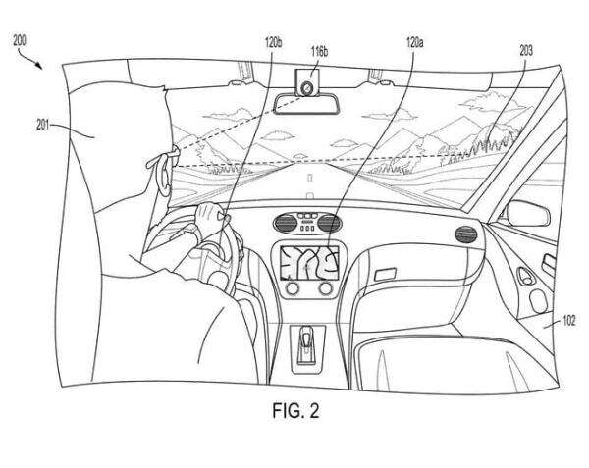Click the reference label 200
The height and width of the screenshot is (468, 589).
20,40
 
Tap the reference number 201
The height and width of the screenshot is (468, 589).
42,125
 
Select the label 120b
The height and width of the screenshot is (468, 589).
273,43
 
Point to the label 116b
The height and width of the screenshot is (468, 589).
319,51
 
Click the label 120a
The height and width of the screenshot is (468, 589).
414,43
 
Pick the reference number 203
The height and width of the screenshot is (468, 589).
526,50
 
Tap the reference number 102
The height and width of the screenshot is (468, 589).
568,321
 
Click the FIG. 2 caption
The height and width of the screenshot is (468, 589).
295,410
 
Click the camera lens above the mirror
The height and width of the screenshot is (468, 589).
307,88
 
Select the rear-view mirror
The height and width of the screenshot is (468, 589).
307,104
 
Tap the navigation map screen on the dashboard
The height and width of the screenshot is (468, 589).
309,262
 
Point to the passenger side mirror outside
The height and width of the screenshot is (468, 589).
528,214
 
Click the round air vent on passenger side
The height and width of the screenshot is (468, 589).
465,234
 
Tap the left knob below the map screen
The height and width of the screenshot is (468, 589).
293,288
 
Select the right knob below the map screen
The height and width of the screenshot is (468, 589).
326,288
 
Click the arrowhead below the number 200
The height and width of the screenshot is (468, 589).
38,66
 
